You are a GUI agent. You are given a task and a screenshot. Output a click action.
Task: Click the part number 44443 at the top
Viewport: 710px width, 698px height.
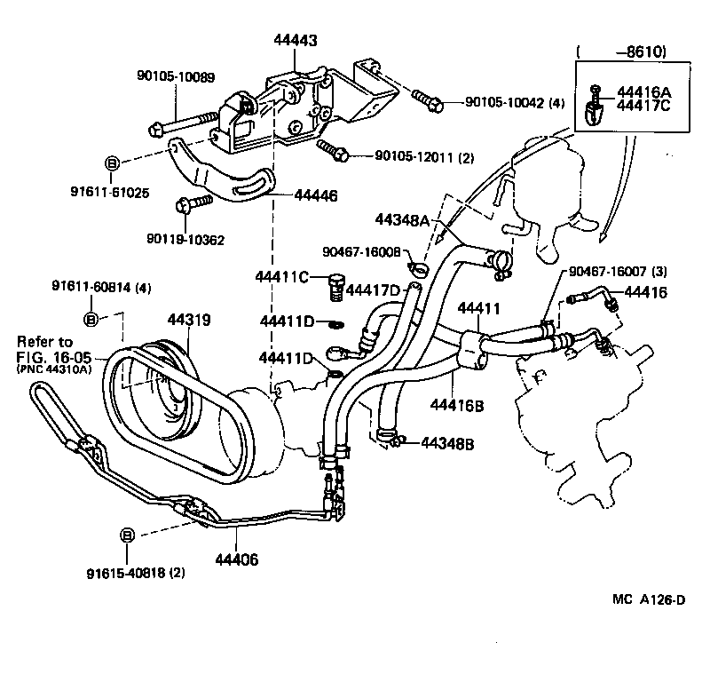[x=296, y=41]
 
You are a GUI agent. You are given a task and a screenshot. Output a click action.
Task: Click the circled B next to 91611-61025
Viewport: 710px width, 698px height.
[x=113, y=163]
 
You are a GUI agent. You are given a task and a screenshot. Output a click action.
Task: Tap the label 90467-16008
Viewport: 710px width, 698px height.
[x=361, y=252]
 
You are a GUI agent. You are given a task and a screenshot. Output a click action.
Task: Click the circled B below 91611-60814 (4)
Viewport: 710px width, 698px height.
[x=91, y=318]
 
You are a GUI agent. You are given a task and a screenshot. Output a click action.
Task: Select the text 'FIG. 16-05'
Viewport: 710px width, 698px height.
[x=53, y=358]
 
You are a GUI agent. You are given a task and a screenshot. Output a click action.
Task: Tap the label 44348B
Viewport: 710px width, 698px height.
[x=448, y=442]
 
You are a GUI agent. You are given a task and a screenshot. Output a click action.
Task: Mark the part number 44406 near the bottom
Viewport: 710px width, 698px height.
[x=236, y=559]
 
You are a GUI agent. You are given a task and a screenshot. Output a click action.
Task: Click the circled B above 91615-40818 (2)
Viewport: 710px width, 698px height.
[x=127, y=535]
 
